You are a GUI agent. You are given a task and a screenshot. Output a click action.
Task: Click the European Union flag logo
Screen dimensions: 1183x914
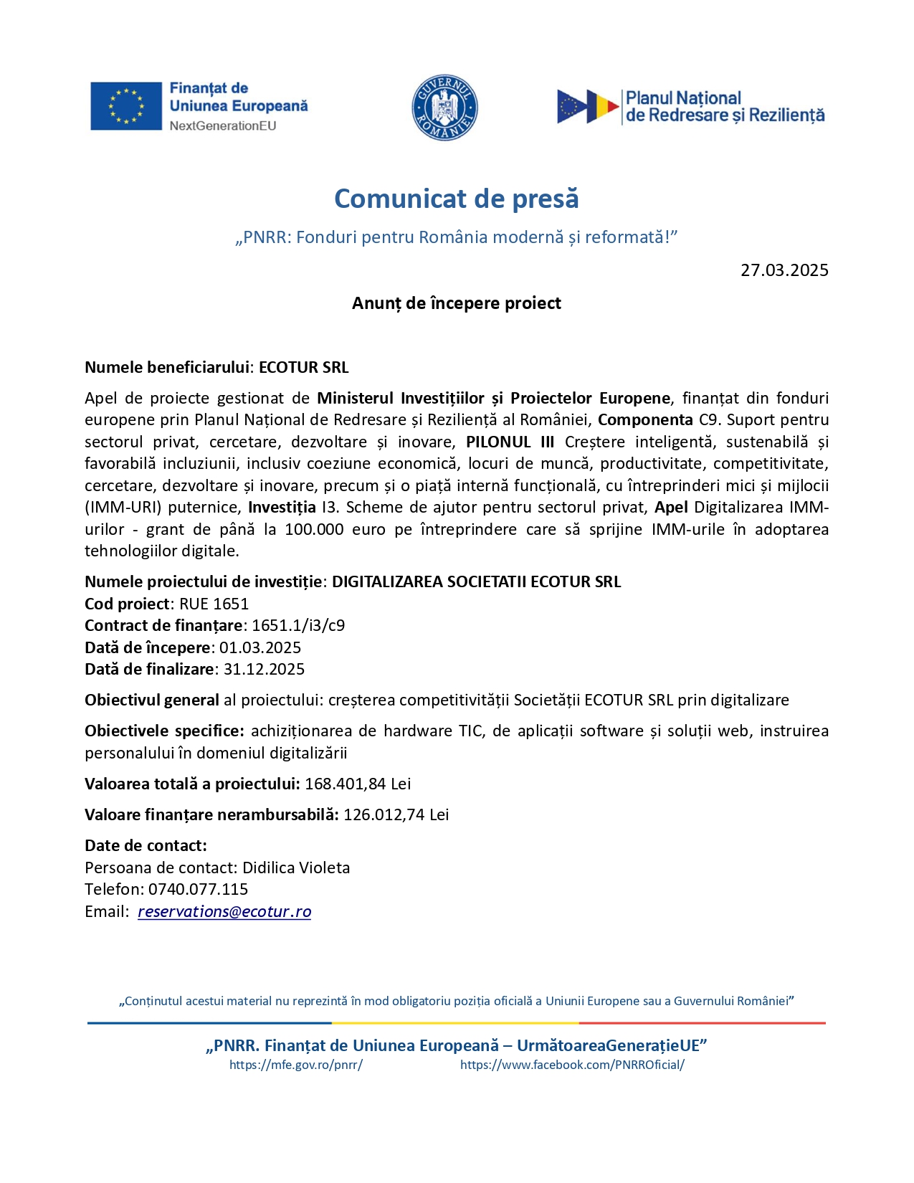[125, 106]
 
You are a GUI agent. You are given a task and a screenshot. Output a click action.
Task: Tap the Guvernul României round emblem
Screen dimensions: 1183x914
[444, 108]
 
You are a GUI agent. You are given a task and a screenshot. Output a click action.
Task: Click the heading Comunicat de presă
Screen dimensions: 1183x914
[456, 199]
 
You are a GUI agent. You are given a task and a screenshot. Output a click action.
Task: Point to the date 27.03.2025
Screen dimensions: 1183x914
[784, 270]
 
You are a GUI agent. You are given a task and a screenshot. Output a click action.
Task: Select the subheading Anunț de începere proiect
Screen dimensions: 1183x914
[456, 303]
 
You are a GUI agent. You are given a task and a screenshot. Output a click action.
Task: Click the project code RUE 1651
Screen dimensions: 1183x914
[214, 604]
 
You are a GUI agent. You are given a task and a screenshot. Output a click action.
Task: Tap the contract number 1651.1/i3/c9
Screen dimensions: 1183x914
[298, 625]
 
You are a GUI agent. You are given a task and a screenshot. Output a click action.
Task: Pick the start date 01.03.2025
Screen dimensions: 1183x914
[260, 647]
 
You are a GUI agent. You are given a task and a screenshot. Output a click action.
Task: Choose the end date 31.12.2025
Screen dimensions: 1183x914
[264, 669]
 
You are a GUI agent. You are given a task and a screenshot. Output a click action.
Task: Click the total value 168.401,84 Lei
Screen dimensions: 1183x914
[358, 784]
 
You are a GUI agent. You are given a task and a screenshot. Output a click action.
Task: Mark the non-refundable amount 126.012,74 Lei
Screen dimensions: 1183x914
[396, 814]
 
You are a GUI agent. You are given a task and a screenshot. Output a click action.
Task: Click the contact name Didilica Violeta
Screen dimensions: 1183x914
[296, 868]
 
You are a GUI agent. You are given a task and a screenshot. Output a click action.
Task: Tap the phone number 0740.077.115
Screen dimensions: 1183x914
[199, 889]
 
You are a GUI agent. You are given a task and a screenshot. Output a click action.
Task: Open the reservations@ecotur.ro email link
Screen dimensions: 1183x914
[224, 911]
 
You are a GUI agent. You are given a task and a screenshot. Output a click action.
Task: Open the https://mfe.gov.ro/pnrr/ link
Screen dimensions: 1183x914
[296, 1065]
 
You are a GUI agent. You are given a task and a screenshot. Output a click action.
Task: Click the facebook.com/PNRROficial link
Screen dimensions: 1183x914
[572, 1065]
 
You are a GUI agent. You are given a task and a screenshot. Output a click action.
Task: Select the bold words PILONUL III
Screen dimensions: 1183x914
[510, 442]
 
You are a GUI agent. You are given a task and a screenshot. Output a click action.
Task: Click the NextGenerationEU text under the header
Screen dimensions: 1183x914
[223, 126]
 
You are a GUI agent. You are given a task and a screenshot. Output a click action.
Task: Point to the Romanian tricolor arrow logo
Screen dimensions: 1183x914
[588, 107]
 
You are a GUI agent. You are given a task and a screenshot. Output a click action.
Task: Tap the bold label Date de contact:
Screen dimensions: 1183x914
[146, 845]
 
